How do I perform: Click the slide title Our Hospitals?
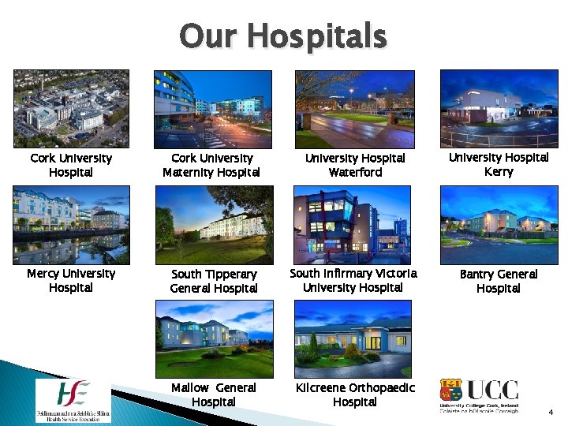(x=283, y=36)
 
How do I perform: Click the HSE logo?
(x=73, y=399)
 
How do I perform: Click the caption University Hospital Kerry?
(x=498, y=164)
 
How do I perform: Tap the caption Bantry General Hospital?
(x=498, y=281)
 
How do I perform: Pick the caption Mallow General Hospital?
(x=214, y=394)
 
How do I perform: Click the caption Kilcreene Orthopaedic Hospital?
(x=354, y=394)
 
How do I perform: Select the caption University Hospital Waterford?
(x=355, y=165)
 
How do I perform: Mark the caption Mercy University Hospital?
(x=71, y=280)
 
